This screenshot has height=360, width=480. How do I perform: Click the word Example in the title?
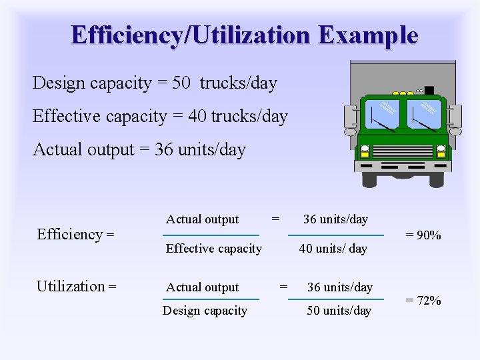pyautogui.click(x=368, y=35)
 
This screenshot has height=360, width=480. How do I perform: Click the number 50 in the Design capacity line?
pyautogui.click(x=181, y=83)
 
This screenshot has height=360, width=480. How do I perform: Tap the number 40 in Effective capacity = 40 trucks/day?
pyautogui.click(x=197, y=117)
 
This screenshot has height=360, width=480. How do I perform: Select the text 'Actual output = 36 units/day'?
pyautogui.click(x=139, y=149)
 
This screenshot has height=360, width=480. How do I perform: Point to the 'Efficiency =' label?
pyautogui.click(x=75, y=234)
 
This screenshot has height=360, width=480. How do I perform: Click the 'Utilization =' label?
pyautogui.click(x=76, y=287)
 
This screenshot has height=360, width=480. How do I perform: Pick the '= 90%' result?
pyautogui.click(x=423, y=235)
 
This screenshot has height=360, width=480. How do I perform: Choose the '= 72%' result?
pyautogui.click(x=423, y=300)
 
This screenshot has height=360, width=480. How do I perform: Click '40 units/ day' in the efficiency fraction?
pyautogui.click(x=333, y=249)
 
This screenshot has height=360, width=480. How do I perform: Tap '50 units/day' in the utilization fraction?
pyautogui.click(x=339, y=311)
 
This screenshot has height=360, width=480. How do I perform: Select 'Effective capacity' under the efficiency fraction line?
pyautogui.click(x=213, y=249)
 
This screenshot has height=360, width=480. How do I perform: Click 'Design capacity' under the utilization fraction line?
pyautogui.click(x=205, y=311)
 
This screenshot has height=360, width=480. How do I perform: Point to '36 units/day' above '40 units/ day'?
pyautogui.click(x=335, y=219)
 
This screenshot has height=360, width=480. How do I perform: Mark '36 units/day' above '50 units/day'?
pyautogui.click(x=339, y=287)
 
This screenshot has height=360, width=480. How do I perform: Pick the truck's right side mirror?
pyautogui.click(x=455, y=119)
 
